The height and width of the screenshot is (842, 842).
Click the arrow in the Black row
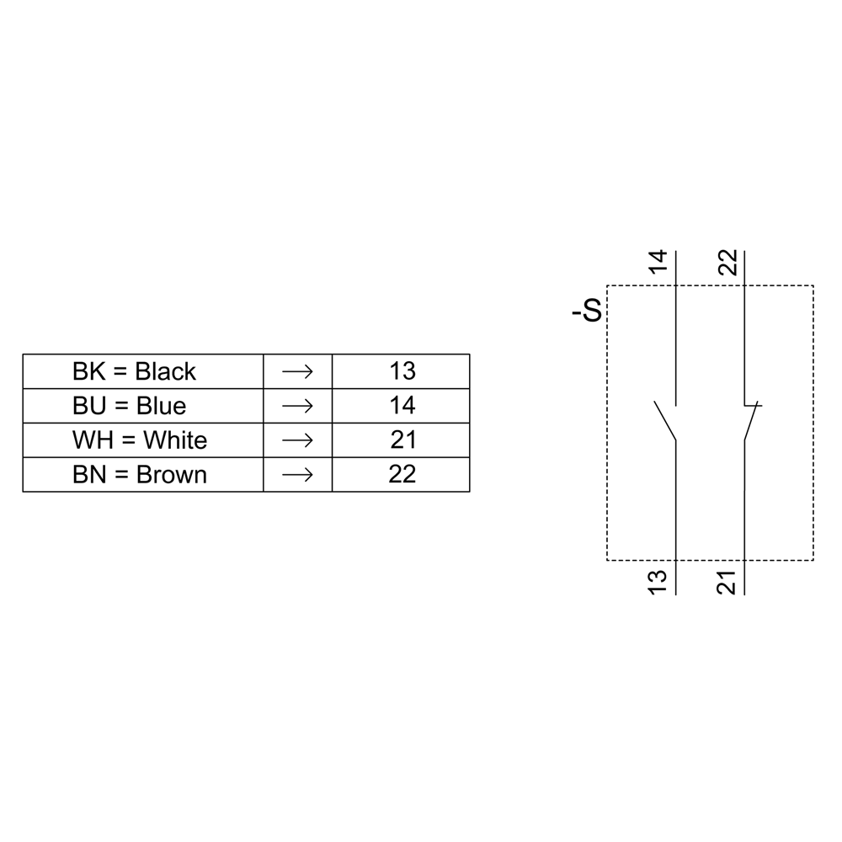coord(297,371)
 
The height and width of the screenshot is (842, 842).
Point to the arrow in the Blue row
coord(297,406)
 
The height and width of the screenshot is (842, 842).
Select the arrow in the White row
coord(297,440)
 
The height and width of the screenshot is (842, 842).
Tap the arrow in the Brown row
coord(297,475)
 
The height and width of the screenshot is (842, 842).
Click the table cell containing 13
coord(402,371)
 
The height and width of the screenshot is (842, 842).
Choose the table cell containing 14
coord(402,406)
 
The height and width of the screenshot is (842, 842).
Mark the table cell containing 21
coord(402,440)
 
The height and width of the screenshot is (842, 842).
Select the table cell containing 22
coord(402,475)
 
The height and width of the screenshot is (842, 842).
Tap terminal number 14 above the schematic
coord(658,262)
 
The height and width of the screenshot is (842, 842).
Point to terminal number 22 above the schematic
coord(729,262)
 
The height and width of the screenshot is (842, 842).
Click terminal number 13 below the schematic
coord(658,582)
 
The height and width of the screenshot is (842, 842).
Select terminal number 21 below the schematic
coord(729,582)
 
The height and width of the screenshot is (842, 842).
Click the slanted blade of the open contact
coord(665,421)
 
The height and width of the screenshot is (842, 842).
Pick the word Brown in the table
coord(171,475)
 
